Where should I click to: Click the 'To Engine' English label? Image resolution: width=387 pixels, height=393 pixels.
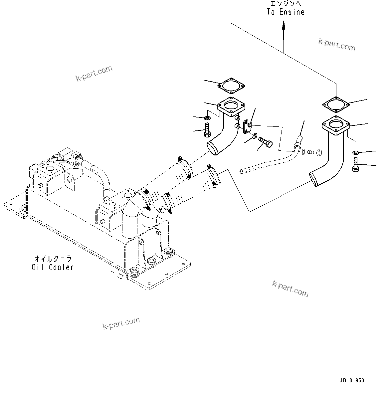click(x=286, y=12)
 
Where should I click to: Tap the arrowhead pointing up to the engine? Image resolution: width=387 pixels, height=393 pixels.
click(x=284, y=25)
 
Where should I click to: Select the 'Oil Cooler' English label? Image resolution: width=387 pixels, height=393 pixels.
click(x=53, y=267)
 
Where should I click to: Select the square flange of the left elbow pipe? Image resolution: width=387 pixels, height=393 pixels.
click(x=231, y=106)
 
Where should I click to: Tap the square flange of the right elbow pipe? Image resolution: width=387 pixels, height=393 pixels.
click(x=336, y=126)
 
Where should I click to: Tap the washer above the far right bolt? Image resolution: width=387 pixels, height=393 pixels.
click(x=355, y=153)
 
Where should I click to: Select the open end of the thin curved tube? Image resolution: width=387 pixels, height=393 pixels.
click(x=241, y=171)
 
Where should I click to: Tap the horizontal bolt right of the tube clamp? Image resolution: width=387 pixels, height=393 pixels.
click(x=314, y=152)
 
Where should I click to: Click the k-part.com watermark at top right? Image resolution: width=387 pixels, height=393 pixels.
click(x=337, y=45)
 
